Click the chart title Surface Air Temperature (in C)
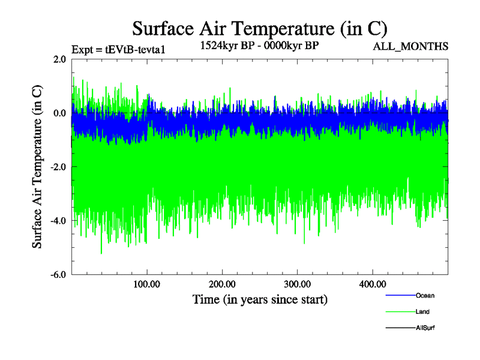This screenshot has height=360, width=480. coord(260,29)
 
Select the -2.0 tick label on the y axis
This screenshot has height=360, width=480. coord(58,167)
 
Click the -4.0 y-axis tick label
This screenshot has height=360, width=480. coord(58,221)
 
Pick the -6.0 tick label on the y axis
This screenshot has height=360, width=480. coord(58,274)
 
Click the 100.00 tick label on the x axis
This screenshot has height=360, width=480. coord(147,284)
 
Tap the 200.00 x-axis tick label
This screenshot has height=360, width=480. coord(222,284)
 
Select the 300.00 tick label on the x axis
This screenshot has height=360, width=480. coord(297,284)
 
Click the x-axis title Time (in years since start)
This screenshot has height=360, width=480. coord(260,299)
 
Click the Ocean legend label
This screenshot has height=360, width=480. coord(425,295)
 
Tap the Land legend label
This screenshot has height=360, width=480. coord(422,312)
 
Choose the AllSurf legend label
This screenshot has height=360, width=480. coord(425,328)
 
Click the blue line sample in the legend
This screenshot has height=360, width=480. coord(400,295)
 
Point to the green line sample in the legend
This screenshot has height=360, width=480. coord(400,312)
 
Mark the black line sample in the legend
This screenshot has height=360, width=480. coord(400,328)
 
